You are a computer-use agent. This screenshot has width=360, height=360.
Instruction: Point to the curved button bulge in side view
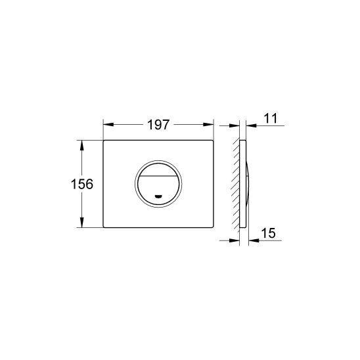tap(248, 184)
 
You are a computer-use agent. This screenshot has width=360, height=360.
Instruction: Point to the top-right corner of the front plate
tap(214, 141)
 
